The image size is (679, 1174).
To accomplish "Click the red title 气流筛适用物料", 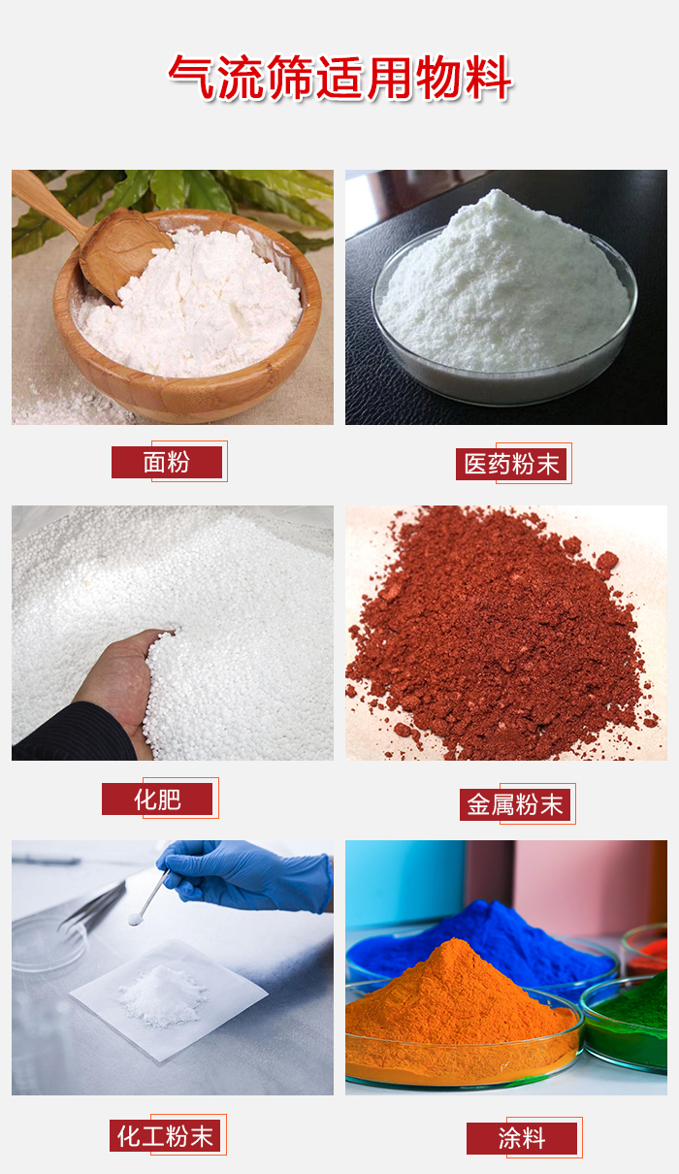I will coord(339,77).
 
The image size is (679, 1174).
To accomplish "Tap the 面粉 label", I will coord(167,463).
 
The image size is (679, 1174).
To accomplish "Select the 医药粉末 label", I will coord(512,464).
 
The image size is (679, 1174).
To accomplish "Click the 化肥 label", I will coord(157,799).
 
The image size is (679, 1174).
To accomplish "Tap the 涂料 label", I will coord(522,1138).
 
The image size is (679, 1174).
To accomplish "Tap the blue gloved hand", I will coord(242,873).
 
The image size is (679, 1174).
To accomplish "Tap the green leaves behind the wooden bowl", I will coord(194,189).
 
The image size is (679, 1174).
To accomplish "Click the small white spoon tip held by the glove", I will coord(134,920).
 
